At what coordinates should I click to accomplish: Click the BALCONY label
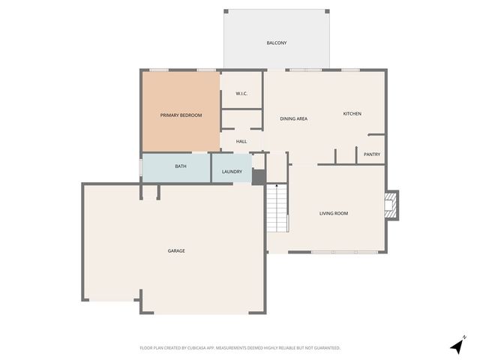pos(277,43)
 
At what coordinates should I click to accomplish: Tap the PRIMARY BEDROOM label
pos(181,115)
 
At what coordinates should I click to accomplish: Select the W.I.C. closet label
pos(241,93)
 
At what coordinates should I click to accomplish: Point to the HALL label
pos(241,141)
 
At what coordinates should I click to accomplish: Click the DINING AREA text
pos(295,118)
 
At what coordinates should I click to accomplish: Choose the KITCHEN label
pos(352,114)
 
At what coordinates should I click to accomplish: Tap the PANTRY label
pos(372,154)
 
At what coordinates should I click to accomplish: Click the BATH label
pos(181,166)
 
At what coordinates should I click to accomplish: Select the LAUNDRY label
pos(232,172)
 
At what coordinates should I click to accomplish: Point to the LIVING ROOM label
pos(334,213)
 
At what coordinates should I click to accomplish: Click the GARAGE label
pos(176,250)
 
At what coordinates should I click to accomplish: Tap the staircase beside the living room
pos(277,208)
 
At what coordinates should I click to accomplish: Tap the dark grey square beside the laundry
pos(258,177)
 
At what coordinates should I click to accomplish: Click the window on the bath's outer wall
pos(141,167)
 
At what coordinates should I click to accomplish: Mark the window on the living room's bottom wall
pos(334,252)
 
